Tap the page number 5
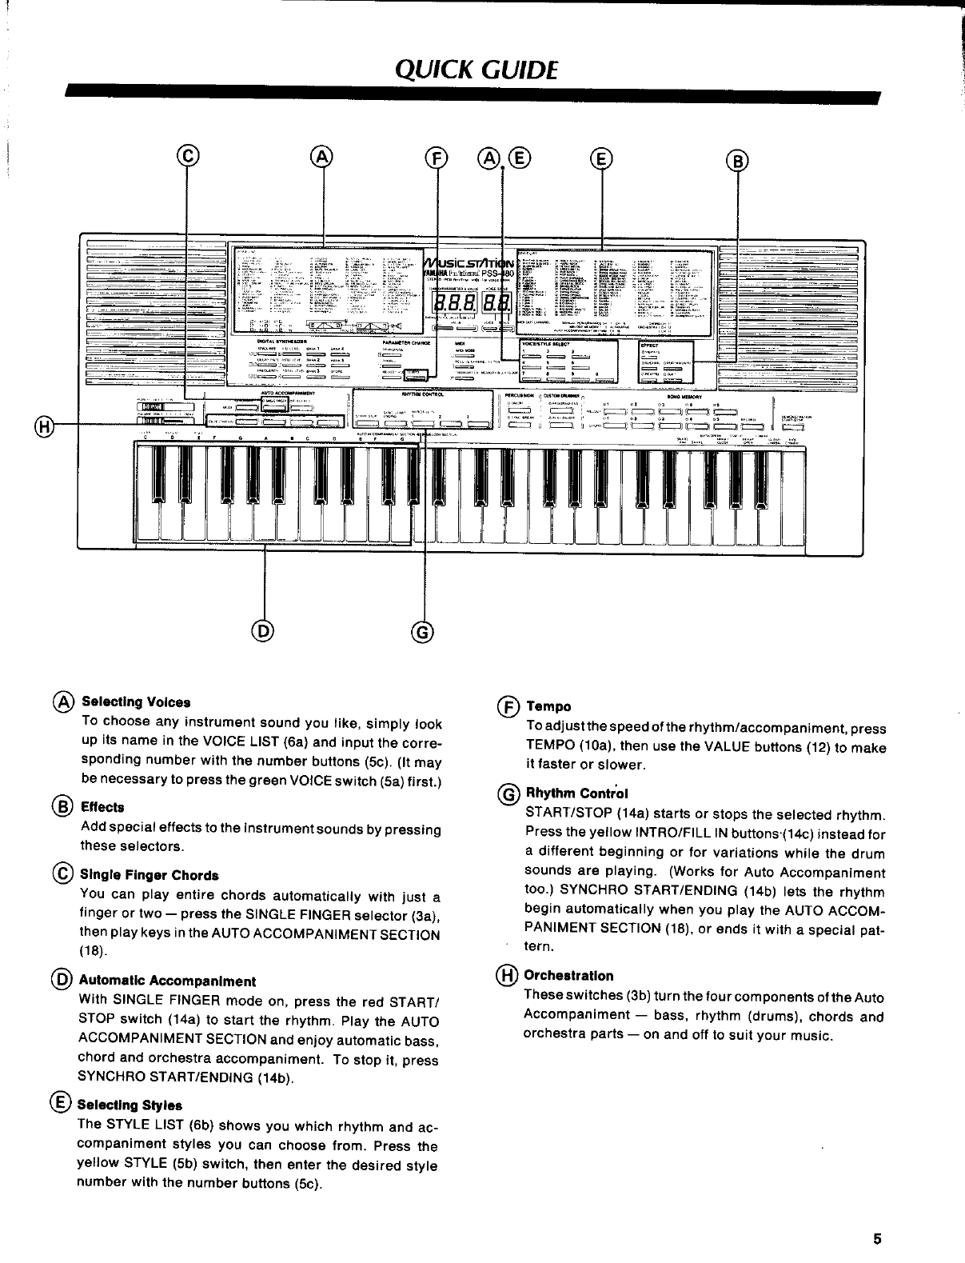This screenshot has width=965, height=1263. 877,1239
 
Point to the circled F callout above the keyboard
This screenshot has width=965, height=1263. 437,158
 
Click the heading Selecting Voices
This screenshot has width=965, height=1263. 136,702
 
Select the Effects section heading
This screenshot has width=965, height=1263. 102,807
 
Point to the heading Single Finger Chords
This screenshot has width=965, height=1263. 150,875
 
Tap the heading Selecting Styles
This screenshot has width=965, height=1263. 131,1105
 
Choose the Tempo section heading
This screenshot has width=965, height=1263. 548,706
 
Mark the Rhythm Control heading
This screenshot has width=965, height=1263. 576,793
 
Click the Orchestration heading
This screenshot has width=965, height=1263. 568,976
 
